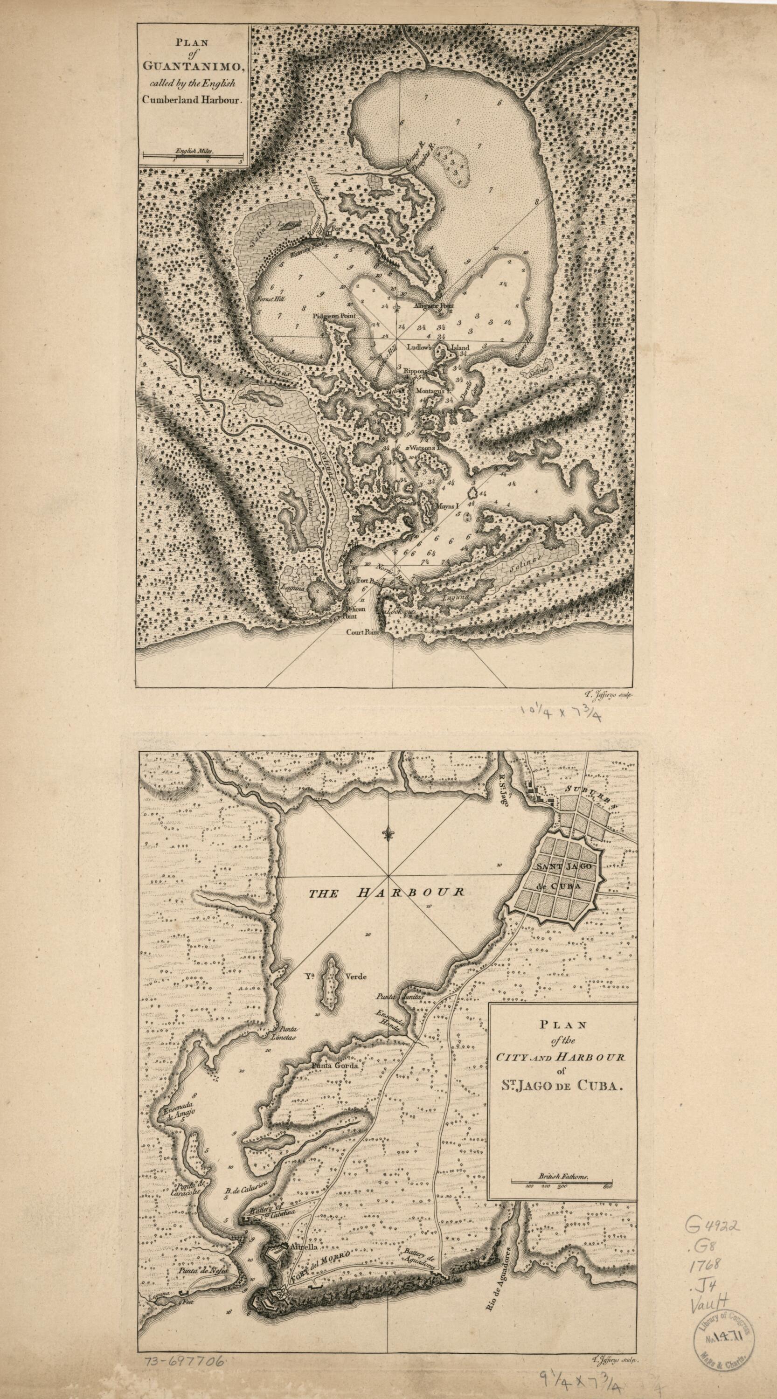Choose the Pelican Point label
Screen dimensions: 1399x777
[353, 612]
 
